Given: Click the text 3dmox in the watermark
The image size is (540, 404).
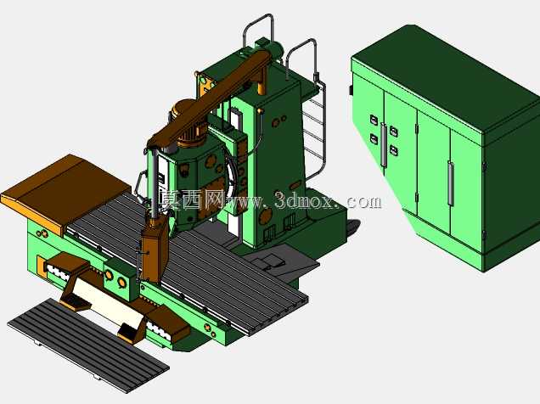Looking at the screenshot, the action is (x=304, y=200).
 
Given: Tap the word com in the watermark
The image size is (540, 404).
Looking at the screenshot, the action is (x=364, y=202).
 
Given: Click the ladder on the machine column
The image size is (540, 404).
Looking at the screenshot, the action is (x=314, y=131).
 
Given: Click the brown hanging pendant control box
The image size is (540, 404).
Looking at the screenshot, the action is (x=155, y=251).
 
